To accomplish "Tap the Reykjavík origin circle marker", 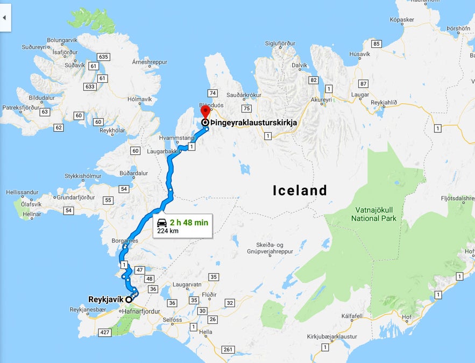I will [x=129, y=300].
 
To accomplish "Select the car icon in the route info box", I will [x=161, y=222].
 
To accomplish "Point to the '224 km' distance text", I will [x=168, y=231].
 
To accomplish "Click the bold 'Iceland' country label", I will [x=300, y=190].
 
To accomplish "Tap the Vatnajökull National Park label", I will [x=374, y=214].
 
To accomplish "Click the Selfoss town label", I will [x=173, y=320].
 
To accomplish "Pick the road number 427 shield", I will [x=104, y=332].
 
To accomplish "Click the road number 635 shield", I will [x=103, y=56].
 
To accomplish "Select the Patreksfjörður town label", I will [x=21, y=108].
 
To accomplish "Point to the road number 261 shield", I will [x=228, y=350].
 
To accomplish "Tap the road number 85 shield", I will [x=376, y=44].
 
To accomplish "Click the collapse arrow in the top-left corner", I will [x=4, y=17].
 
